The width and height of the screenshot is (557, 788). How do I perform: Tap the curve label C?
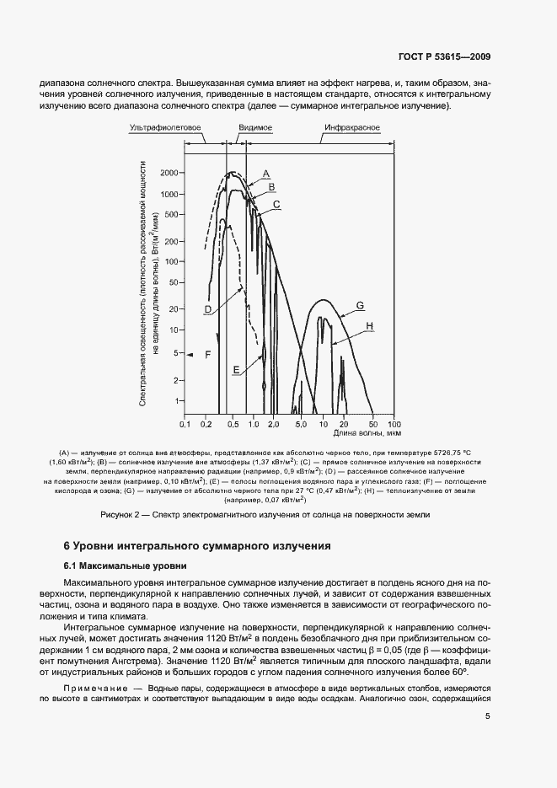(x=276, y=204)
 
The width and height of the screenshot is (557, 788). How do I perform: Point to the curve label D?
(x=207, y=310)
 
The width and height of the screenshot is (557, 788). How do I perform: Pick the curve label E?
(x=237, y=370)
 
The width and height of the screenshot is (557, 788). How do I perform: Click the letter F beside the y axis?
(x=206, y=356)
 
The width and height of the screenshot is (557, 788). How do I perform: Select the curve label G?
(x=359, y=305)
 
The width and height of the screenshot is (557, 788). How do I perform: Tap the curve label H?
(x=369, y=325)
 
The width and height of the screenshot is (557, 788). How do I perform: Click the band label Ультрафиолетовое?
(x=164, y=128)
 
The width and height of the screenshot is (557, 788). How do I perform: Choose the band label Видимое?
(x=254, y=128)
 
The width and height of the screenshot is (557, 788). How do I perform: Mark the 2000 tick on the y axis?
(x=169, y=173)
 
